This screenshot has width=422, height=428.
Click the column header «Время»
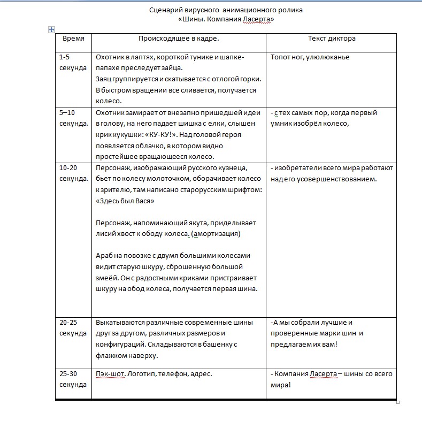pos(73,39)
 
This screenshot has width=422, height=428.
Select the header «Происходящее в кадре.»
pos(179,39)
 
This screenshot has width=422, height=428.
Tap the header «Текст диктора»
pos(332,39)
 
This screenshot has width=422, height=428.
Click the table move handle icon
pos(51,29)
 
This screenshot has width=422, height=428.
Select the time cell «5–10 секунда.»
pos(74,118)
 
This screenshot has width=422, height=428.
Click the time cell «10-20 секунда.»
pos(74,173)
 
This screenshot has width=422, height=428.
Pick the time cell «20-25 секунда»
pos(73,327)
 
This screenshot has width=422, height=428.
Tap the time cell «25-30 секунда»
pos(73,379)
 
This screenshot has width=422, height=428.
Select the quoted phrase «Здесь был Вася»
pos(125,201)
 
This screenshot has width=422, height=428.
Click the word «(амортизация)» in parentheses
pos(216,234)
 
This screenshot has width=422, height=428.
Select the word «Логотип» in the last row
pos(142,374)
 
